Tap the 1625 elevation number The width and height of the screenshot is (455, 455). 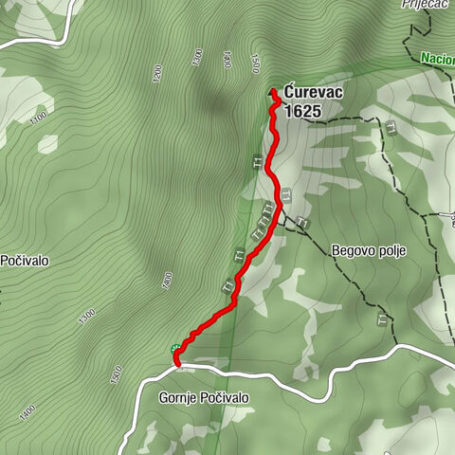(x=301, y=111)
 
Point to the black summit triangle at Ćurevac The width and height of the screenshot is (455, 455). (x=274, y=91)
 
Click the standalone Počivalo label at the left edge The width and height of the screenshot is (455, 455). (x=25, y=260)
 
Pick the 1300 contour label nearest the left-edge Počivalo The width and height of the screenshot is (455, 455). (x=86, y=314)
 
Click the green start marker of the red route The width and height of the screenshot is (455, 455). (x=174, y=350)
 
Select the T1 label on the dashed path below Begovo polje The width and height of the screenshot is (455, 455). (x=382, y=317)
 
